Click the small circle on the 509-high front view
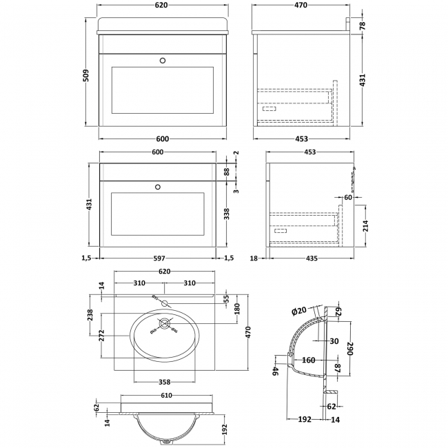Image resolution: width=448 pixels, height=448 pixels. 163,60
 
